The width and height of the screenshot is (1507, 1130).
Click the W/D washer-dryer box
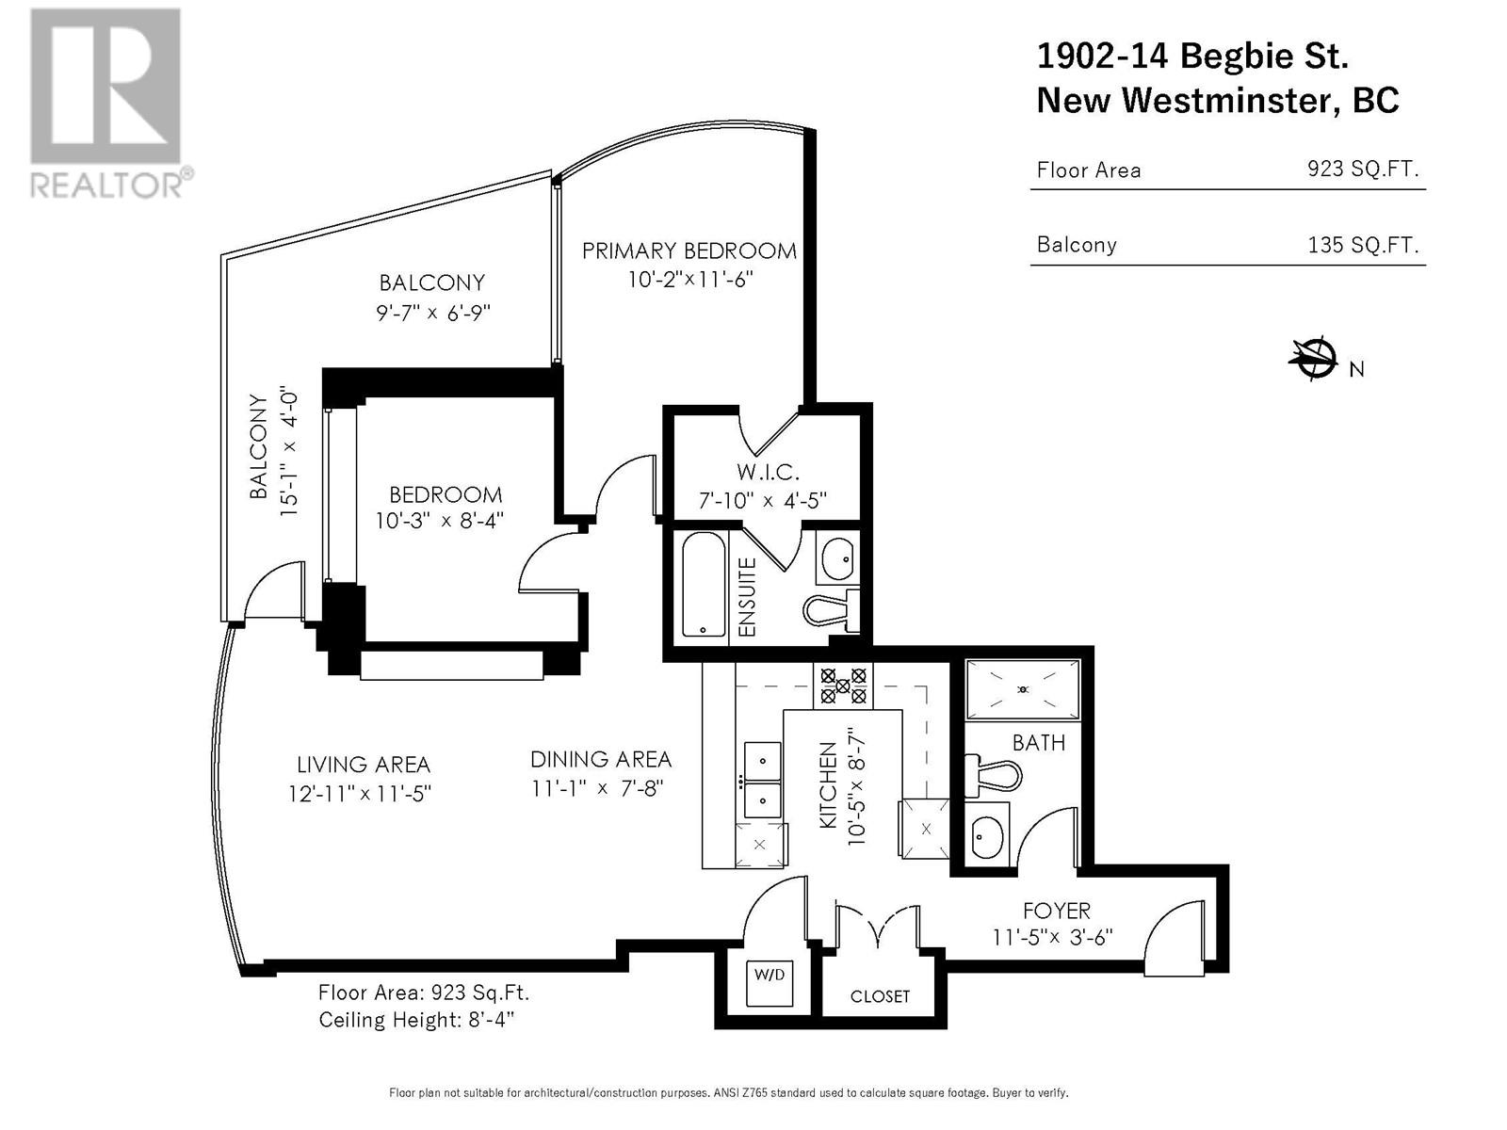tap(769, 983)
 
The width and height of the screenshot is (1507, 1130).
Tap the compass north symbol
tap(1313, 359)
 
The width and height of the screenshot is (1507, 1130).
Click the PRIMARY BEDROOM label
tap(689, 251)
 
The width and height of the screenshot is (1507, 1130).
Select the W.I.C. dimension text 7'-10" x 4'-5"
tap(762, 501)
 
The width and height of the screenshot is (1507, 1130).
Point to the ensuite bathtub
tap(704, 585)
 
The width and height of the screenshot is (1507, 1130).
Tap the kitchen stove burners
tap(843, 686)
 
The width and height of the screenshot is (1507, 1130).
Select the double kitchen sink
tap(762, 780)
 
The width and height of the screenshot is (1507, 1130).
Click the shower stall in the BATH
tap(1023, 689)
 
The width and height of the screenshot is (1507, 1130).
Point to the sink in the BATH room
tap(987, 835)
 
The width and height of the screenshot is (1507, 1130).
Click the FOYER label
tap(1057, 912)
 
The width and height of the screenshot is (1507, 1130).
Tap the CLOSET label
tap(880, 996)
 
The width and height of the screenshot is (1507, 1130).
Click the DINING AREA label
tap(601, 760)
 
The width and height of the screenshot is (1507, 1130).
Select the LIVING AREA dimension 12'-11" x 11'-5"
tap(360, 794)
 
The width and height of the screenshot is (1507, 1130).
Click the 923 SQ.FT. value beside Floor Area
tap(1363, 169)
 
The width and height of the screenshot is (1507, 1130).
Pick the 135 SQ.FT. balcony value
tap(1363, 244)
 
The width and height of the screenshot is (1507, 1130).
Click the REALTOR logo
tap(108, 103)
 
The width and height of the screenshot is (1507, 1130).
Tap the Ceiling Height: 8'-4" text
tap(416, 1020)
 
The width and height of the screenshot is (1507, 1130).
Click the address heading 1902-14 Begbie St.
tap(1192, 56)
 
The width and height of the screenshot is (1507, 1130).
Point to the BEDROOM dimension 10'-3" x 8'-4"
tap(440, 522)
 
